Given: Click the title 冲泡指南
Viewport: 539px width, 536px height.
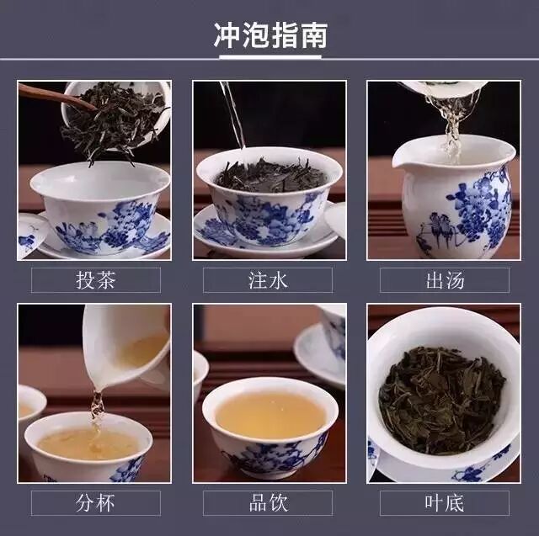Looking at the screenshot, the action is point(270,35).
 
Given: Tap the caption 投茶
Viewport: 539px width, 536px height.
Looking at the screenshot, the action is point(95,280).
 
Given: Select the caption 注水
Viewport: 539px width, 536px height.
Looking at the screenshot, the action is point(268,280).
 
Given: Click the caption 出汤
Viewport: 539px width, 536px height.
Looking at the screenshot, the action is point(445,280).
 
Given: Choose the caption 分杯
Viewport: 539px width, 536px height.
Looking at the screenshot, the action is point(95,502).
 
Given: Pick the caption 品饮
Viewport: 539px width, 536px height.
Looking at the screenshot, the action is point(268,502).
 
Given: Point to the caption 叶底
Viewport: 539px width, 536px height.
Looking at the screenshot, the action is point(445,502).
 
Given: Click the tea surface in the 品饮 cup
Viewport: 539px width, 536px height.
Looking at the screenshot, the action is point(271,415).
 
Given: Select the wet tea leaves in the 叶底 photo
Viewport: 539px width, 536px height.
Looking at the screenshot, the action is point(442,400).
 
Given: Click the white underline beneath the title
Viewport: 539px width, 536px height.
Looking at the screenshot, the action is point(270,57).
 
